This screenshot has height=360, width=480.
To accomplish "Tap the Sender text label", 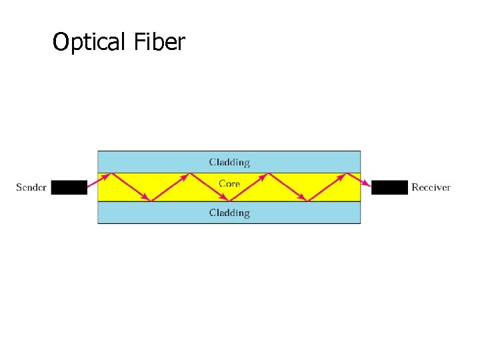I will [x=31, y=187].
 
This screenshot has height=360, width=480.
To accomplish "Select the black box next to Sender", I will [x=69, y=187].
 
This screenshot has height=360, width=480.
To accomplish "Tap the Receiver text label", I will [x=431, y=187].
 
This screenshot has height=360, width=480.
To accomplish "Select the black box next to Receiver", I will [x=389, y=187].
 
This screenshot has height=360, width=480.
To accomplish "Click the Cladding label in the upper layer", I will [x=229, y=162].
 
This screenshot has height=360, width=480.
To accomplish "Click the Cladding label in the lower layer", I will [x=229, y=213].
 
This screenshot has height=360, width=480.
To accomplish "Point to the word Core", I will [x=229, y=183].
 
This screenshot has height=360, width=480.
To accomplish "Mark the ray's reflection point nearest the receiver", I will [x=347, y=173].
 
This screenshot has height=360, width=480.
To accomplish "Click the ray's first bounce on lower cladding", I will [x=151, y=201].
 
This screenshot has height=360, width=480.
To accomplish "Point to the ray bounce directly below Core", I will [x=229, y=201].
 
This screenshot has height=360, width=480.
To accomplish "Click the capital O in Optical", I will [x=61, y=43].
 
